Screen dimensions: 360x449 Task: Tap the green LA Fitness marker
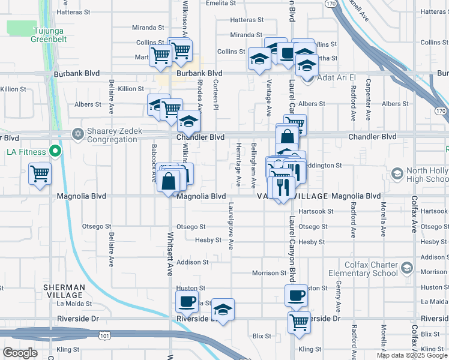click(x=55, y=152)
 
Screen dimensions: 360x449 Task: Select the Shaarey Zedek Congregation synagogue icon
click(x=77, y=133)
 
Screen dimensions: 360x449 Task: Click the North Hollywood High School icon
click(x=397, y=173)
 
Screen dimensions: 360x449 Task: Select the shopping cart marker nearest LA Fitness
click(x=40, y=175)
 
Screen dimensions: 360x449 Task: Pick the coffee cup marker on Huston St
click(x=296, y=295)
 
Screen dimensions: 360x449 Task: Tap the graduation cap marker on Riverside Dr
click(x=223, y=310)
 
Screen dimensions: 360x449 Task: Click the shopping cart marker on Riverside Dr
click(x=298, y=322)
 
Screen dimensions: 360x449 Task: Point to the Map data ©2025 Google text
click(x=412, y=355)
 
